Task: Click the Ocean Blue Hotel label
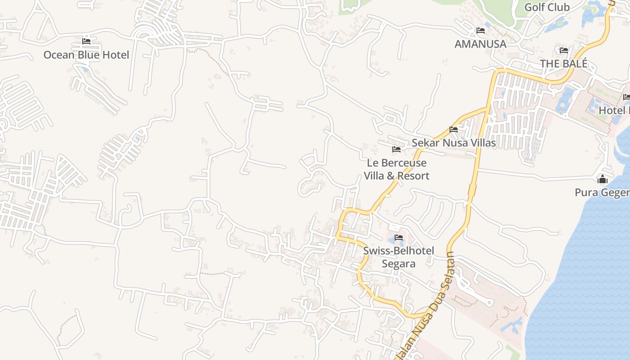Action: click(x=86, y=55)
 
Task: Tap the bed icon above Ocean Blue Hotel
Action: click(x=86, y=41)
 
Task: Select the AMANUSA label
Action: click(x=480, y=44)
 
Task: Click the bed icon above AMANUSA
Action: click(x=481, y=31)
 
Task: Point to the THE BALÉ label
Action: click(x=563, y=64)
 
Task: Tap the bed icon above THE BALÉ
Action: click(x=564, y=50)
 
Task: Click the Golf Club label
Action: click(x=547, y=7)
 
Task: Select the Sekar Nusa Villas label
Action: click(x=454, y=143)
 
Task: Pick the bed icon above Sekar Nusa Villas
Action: click(x=454, y=130)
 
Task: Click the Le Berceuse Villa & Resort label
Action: click(x=396, y=169)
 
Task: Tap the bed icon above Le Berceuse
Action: click(x=396, y=149)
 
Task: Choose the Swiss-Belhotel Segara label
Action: click(x=398, y=257)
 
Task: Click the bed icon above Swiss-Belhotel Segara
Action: click(x=399, y=238)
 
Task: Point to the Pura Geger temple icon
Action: click(x=603, y=180)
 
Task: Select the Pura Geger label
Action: click(x=602, y=193)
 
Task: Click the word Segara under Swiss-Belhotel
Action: click(x=398, y=264)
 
